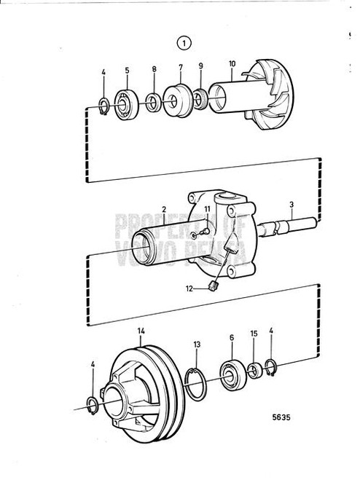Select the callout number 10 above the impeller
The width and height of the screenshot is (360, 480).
point(232,65)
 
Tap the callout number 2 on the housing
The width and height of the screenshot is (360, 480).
point(165,210)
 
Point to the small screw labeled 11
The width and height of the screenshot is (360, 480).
point(200,233)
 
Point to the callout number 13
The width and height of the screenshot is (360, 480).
point(197,345)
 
